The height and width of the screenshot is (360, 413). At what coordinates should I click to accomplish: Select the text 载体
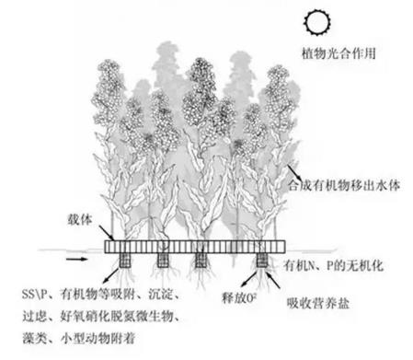[x=79, y=219]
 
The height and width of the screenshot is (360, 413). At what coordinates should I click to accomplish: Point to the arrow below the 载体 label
[x=95, y=233]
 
